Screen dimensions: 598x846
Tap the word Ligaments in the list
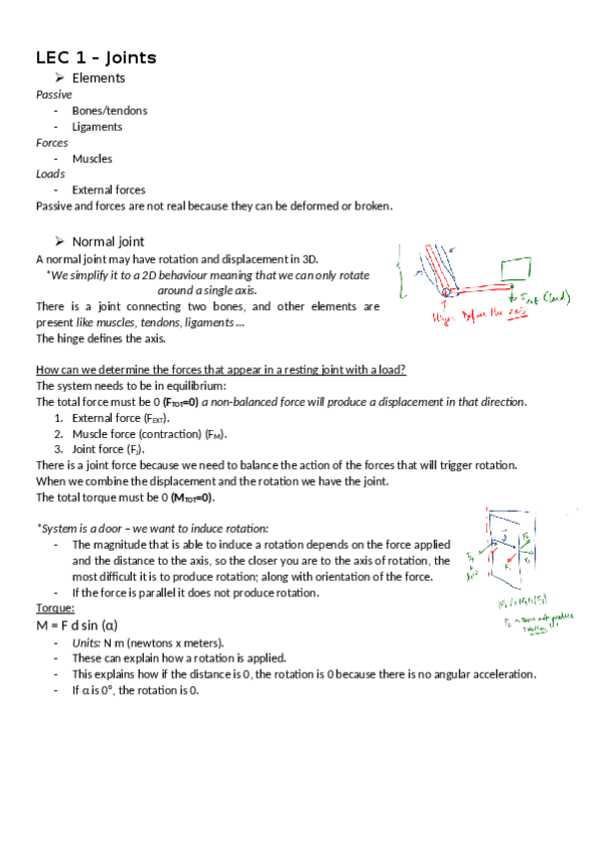pos(97,127)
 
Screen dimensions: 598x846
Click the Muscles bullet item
pos(92,159)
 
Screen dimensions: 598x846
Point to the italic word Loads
pos(50,174)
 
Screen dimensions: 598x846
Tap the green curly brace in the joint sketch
pos(401,272)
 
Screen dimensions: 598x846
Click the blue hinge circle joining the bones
pos(448,292)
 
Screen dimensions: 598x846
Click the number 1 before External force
pos(59,418)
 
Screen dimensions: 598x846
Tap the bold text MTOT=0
pos(187,497)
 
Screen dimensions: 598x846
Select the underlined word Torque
pos(54,608)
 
